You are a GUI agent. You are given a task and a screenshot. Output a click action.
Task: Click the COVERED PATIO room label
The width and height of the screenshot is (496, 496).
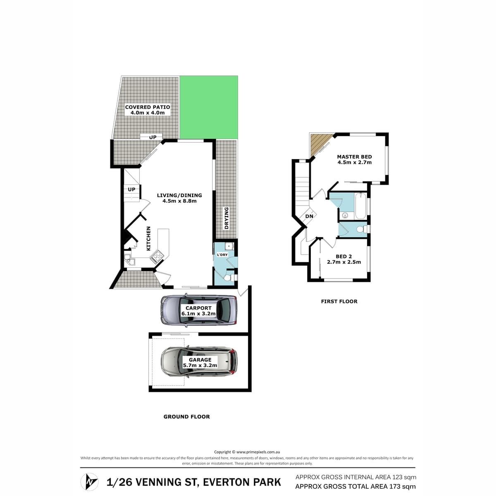(x=148, y=107)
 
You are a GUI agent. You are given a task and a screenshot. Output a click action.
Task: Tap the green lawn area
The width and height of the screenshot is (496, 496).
(x=208, y=107)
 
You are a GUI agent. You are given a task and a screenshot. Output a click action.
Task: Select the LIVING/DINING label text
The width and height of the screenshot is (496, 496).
(x=179, y=196)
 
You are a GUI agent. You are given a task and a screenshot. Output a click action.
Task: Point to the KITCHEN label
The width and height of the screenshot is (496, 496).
(x=148, y=238)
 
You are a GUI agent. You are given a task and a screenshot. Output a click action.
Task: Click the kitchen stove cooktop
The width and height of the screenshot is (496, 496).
(x=157, y=257)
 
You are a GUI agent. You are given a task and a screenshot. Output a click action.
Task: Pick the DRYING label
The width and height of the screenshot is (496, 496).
(x=226, y=218)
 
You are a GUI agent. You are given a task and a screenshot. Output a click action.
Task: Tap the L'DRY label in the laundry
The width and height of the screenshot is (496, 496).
(x=222, y=255)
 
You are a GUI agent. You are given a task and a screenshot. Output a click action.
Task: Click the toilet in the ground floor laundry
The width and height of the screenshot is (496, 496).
(x=229, y=278)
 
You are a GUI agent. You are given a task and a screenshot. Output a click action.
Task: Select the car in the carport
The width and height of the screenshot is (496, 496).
(x=198, y=310)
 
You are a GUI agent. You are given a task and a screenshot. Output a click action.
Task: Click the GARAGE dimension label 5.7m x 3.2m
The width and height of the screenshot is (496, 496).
(x=200, y=365)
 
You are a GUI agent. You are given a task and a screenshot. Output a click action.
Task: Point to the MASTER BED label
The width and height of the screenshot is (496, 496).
(x=354, y=157)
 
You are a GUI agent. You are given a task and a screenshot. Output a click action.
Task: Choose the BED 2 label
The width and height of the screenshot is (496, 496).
(x=343, y=256)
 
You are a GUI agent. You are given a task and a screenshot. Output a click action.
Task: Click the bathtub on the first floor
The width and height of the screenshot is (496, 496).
(x=360, y=206)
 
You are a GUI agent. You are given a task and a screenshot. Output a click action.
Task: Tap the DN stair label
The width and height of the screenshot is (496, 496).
(x=309, y=216)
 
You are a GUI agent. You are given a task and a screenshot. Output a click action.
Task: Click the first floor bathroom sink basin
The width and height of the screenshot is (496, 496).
(x=345, y=215)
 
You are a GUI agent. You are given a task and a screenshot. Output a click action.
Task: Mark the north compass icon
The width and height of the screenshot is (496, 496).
(x=89, y=482)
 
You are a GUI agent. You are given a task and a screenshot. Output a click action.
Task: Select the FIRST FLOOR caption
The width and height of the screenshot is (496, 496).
(x=339, y=301)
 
